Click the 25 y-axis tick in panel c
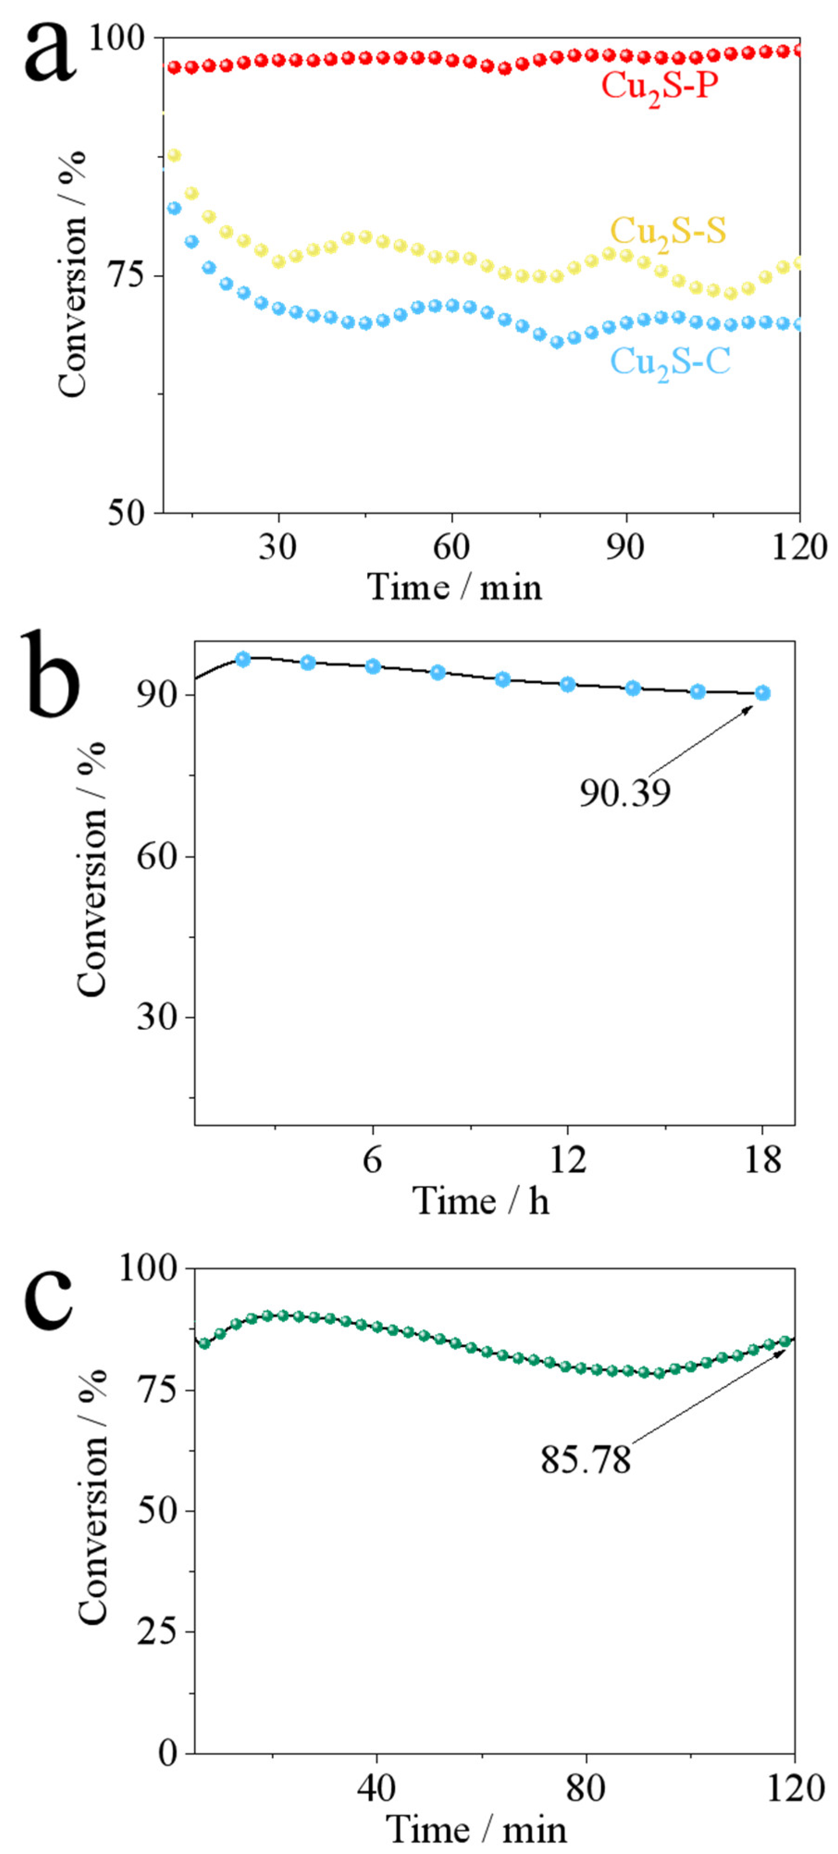click(x=156, y=1632)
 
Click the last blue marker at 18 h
click(x=763, y=693)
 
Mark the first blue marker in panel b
click(x=243, y=659)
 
